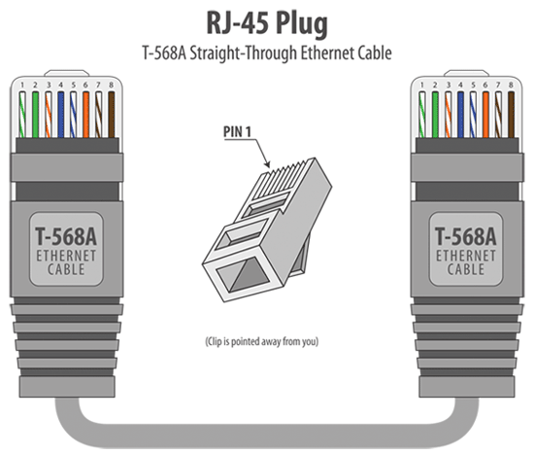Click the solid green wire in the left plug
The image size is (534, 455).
tap(35, 112)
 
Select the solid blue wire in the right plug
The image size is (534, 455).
tap(460, 112)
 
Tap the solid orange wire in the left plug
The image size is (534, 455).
tap(85, 112)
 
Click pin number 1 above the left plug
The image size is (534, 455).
tap(22, 86)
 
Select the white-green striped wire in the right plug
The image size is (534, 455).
tap(422, 112)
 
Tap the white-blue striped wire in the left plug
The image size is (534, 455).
tap(73, 112)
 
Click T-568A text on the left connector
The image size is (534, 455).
tap(66, 235)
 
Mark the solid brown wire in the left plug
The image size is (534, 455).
tap(111, 112)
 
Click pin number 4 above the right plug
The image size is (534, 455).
tap(460, 86)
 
